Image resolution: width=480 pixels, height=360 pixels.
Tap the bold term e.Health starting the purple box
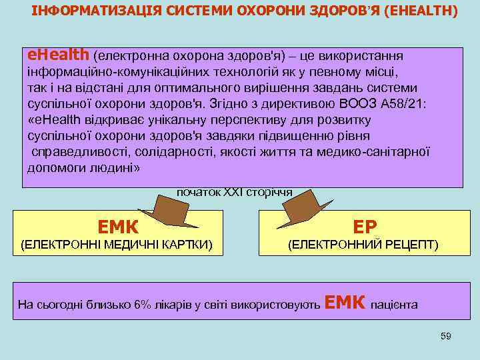57,53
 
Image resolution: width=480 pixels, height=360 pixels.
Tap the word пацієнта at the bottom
395,305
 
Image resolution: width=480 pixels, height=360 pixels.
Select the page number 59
446,336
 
